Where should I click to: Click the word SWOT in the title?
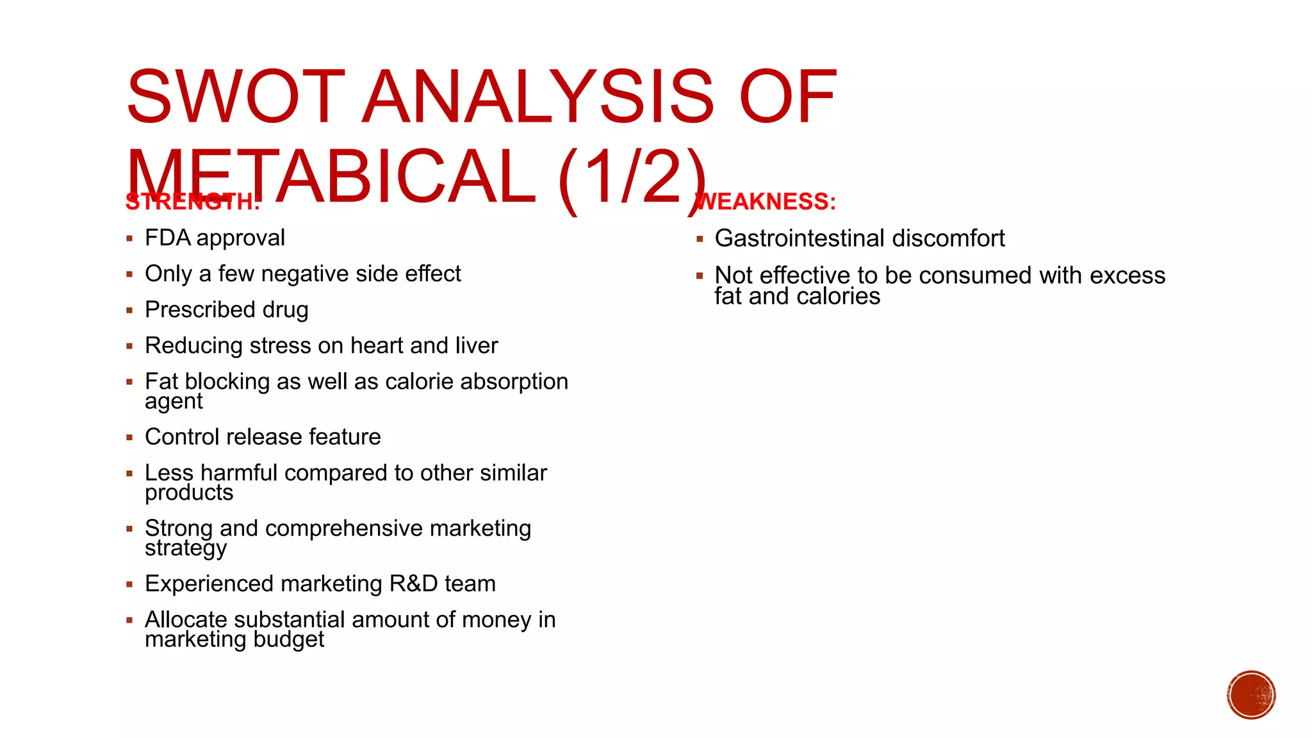point(236,97)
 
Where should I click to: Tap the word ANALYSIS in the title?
point(537,97)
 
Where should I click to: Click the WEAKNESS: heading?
point(766,202)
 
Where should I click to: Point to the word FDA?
point(168,238)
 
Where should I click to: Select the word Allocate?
point(186,620)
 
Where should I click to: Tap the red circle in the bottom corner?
point(1251,695)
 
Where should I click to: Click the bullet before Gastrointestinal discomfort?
point(700,239)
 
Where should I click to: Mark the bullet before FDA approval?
point(129,239)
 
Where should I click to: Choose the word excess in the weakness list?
point(1127,275)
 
